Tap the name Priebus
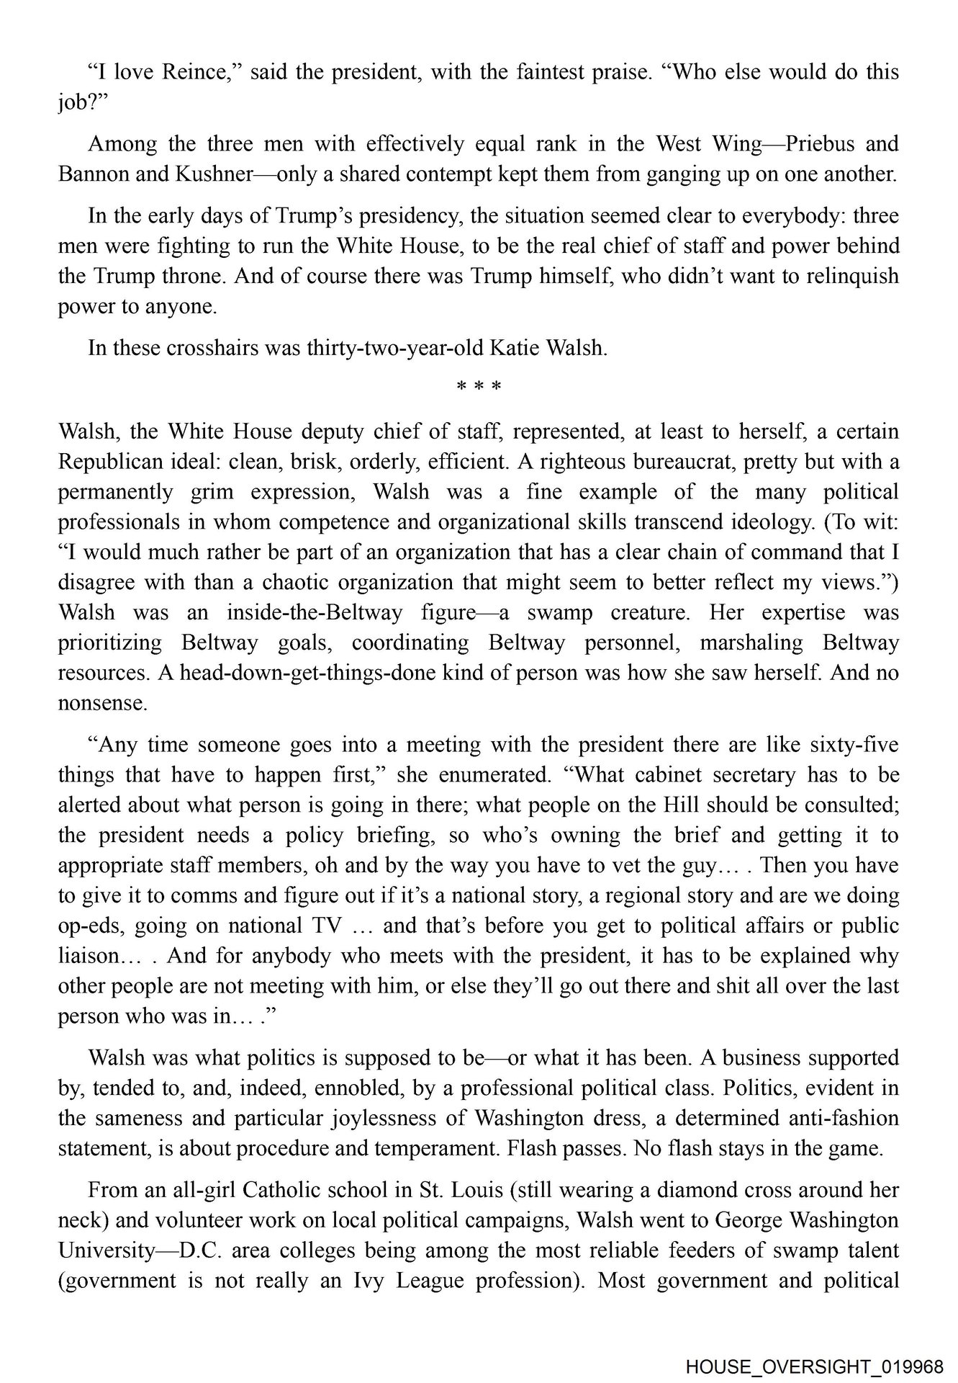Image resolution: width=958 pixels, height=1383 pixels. click(x=818, y=144)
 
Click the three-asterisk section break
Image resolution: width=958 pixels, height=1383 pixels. click(x=479, y=387)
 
